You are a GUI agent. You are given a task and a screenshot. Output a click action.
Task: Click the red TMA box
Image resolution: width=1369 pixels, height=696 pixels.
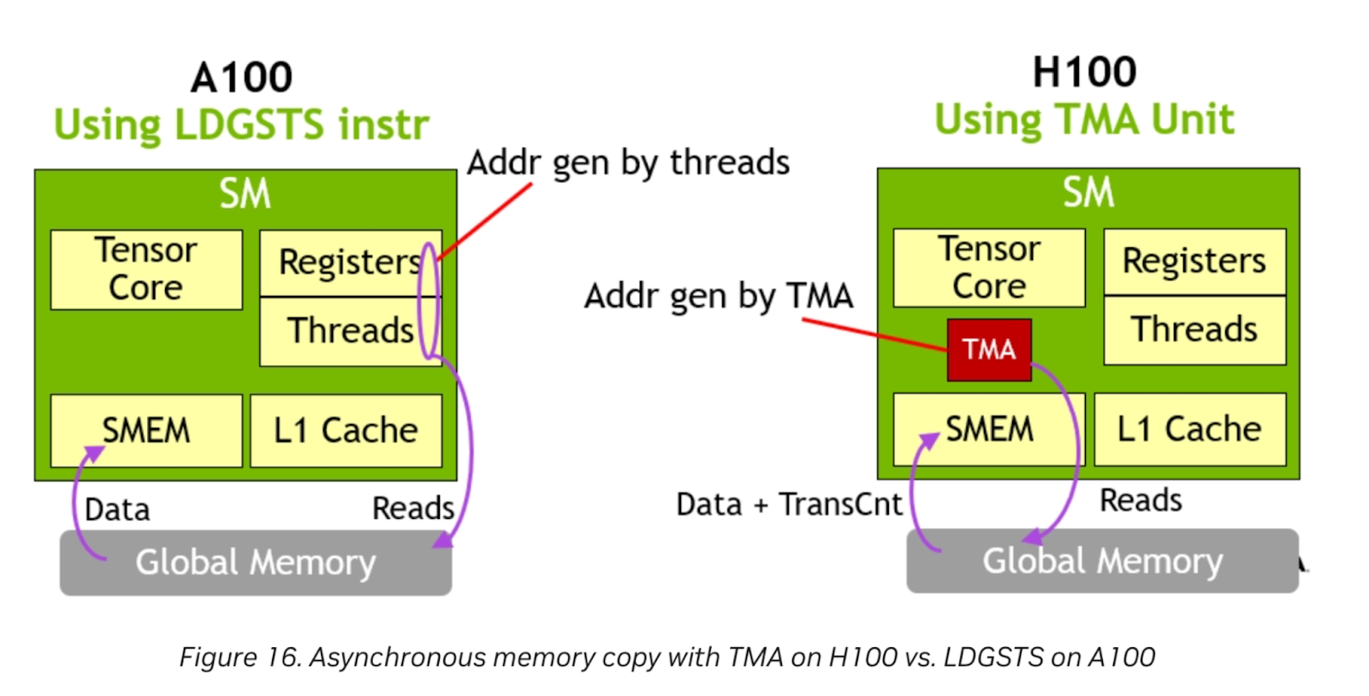coord(988,349)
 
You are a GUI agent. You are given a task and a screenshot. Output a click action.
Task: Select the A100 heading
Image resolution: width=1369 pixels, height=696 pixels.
coord(241,78)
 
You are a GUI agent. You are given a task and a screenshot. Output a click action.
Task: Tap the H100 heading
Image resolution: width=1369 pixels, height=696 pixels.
coord(1084,72)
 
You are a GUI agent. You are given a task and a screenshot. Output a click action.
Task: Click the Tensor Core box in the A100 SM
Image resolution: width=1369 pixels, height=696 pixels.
coord(146,269)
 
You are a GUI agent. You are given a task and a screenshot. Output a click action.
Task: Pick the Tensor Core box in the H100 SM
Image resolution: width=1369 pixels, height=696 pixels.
coord(989,268)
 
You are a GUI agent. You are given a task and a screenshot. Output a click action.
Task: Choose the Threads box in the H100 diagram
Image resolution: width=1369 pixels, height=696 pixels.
coord(1194,330)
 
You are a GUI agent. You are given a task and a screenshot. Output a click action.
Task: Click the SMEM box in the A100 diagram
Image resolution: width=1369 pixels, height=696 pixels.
coord(146,430)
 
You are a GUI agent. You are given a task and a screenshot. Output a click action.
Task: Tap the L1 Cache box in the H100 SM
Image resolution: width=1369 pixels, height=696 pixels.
coord(1189,429)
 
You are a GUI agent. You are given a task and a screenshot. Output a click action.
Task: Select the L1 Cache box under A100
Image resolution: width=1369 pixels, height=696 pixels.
coord(346,430)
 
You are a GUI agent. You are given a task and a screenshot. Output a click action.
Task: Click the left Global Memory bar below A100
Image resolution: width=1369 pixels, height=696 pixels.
coord(255,563)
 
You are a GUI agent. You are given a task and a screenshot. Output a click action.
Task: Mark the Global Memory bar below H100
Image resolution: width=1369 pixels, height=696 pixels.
coord(1102,561)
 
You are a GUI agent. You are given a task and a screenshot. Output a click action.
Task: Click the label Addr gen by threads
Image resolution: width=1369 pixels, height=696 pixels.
coord(628,162)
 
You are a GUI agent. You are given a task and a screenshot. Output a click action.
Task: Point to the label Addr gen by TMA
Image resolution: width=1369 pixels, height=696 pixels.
coord(718,296)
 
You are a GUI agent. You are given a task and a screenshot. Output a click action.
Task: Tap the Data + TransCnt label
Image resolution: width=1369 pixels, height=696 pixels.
coord(788,504)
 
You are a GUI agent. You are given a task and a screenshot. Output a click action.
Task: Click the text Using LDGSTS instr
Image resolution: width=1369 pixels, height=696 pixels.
coord(241,125)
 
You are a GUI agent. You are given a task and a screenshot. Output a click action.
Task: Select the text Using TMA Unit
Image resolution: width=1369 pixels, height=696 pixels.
coord(1084,120)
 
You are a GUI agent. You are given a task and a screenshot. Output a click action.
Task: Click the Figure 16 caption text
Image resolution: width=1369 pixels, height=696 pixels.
coord(667,657)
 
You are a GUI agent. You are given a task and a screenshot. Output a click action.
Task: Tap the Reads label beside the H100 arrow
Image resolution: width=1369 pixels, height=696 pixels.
coord(1140,500)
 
